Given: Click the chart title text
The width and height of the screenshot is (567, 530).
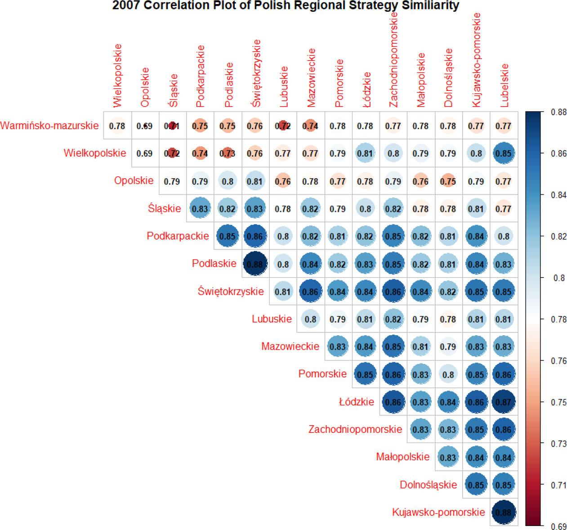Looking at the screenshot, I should [286, 6].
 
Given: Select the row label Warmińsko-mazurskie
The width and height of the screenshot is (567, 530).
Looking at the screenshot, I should [49, 126].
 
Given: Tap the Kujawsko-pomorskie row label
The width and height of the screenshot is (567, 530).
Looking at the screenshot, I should [438, 512].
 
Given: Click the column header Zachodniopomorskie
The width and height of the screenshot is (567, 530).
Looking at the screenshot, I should [393, 60].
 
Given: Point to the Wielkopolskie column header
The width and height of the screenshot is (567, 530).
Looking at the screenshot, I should [117, 75].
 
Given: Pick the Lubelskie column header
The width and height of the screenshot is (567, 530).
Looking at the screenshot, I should [504, 85].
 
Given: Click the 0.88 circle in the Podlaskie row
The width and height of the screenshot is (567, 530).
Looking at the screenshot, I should [255, 264].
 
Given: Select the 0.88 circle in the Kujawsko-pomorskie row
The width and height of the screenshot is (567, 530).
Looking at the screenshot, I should [504, 512].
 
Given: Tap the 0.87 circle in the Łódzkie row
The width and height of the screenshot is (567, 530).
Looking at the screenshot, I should [504, 402].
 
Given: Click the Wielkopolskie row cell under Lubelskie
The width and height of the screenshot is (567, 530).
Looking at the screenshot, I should [504, 153].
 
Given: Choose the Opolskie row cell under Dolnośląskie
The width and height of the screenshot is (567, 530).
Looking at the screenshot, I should [448, 181].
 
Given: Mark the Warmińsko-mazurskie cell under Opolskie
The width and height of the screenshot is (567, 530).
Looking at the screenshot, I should [144, 126].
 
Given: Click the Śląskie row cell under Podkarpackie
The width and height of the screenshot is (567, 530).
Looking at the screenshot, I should [200, 209].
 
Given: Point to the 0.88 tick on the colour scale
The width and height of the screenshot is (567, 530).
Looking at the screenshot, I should [558, 112].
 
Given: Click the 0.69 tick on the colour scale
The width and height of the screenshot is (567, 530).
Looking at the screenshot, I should [558, 526].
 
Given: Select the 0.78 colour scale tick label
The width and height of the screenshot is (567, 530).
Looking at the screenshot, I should [558, 319].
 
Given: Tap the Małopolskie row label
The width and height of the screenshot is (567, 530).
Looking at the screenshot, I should [403, 457].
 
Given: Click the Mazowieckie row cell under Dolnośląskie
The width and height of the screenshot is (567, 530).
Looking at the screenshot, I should [448, 347].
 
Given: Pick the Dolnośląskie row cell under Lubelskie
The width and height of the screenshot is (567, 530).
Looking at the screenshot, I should [504, 485].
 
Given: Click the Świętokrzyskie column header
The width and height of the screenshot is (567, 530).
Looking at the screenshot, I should [255, 73].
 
